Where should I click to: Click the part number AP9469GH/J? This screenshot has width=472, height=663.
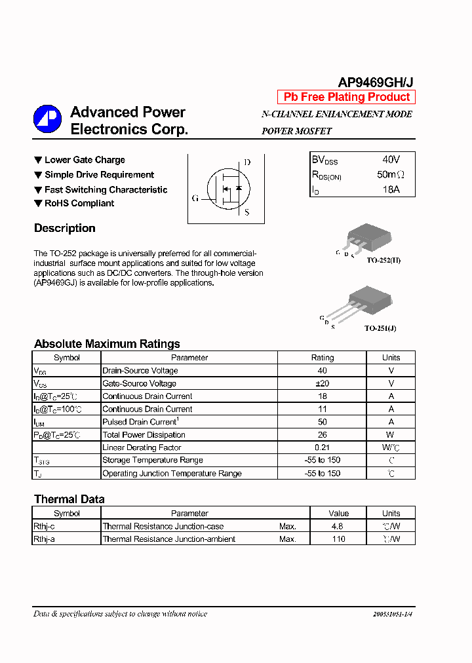click(375, 82)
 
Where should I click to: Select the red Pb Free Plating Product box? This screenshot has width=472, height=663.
click(346, 97)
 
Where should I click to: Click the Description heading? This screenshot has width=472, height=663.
click(65, 228)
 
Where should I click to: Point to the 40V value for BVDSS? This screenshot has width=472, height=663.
click(391, 160)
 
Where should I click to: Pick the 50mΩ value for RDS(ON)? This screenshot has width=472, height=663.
click(391, 175)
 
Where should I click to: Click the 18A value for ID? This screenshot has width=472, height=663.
click(391, 190)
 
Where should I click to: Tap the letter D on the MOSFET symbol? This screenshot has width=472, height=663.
click(247, 162)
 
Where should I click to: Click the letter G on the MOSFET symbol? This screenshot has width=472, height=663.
click(195, 198)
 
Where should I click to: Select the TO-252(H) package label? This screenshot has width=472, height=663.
click(383, 260)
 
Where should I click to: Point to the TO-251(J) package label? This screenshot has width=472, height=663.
click(380, 328)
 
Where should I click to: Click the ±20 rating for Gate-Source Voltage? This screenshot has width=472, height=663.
click(322, 383)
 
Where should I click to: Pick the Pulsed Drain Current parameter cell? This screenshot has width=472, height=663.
click(140, 422)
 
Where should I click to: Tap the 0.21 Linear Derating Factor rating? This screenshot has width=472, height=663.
click(322, 447)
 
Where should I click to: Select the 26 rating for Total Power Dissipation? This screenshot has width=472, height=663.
click(322, 435)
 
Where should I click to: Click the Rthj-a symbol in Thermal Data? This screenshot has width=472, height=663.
click(45, 539)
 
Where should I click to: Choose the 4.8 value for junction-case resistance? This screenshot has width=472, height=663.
click(338, 526)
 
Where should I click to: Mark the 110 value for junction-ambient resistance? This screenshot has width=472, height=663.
click(338, 539)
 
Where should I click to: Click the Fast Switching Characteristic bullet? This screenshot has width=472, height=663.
click(106, 190)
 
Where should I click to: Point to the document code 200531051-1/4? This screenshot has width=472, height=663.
click(393, 614)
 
